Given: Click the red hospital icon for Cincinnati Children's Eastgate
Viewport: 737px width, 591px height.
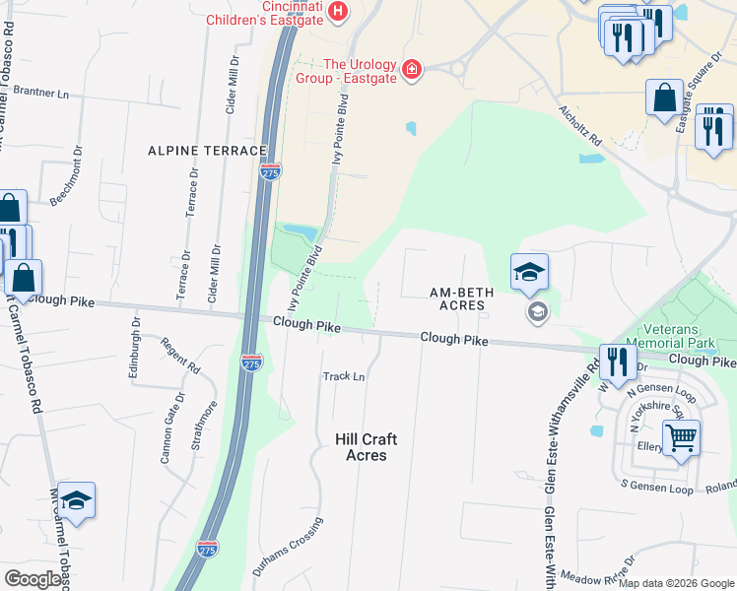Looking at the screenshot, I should (338, 11).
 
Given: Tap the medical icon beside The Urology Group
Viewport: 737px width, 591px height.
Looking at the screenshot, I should (411, 70).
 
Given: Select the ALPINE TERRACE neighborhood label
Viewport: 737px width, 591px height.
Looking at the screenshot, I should (207, 151).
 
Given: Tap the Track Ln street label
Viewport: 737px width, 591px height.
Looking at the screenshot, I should (344, 376).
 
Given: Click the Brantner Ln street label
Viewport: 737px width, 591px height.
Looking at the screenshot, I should (41, 94).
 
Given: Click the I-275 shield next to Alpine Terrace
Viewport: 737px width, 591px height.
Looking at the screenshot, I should (271, 171).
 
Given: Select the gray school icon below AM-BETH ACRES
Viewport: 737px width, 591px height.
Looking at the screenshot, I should (537, 313).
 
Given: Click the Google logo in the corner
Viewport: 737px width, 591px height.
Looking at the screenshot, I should (33, 579).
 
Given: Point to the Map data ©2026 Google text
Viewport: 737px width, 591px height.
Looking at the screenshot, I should (675, 583).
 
